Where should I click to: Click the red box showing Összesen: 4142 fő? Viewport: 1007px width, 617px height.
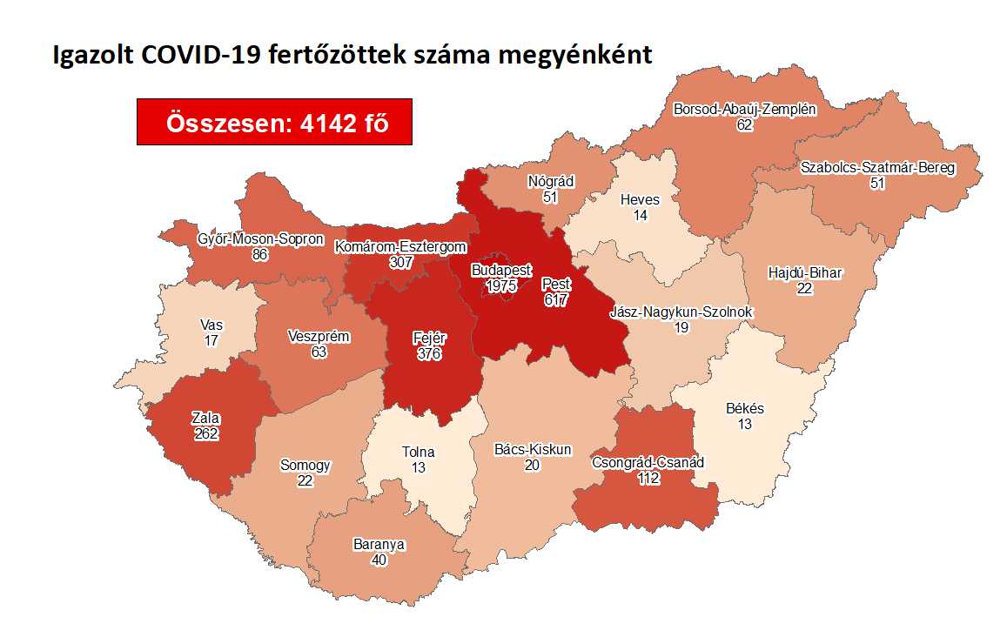274,123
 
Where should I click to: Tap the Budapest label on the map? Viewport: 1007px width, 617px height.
501,271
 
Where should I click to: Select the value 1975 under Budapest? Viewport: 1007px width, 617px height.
502,285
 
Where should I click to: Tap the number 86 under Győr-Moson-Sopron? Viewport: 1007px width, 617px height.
260,254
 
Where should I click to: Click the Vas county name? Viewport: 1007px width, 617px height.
211,325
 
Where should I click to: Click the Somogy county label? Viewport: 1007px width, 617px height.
305,466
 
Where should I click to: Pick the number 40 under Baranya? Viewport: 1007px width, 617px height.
379,560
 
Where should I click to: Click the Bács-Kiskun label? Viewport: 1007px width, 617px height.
533,450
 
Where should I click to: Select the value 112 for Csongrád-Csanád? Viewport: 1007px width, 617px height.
647,477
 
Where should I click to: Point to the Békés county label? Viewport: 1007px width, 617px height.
745,408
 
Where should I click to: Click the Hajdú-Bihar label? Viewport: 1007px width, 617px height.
804,273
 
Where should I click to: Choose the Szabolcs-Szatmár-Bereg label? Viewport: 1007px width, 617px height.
878,168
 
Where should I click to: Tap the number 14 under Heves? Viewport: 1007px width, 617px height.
640,215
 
